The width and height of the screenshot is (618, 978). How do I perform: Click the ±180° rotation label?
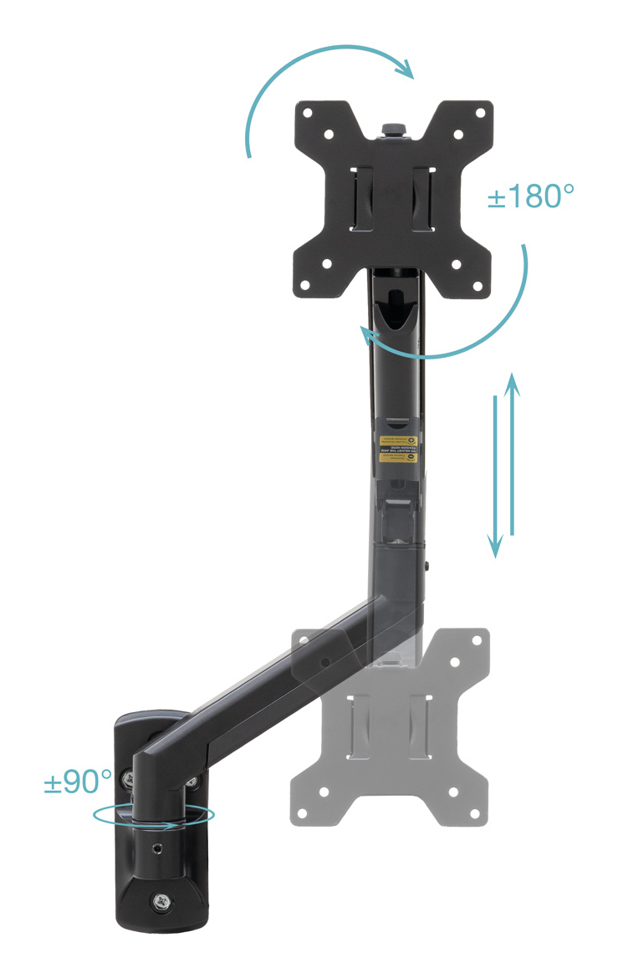click(530, 197)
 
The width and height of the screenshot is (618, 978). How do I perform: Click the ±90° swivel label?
click(78, 782)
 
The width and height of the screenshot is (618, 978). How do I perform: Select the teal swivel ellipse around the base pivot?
click(154, 815)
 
